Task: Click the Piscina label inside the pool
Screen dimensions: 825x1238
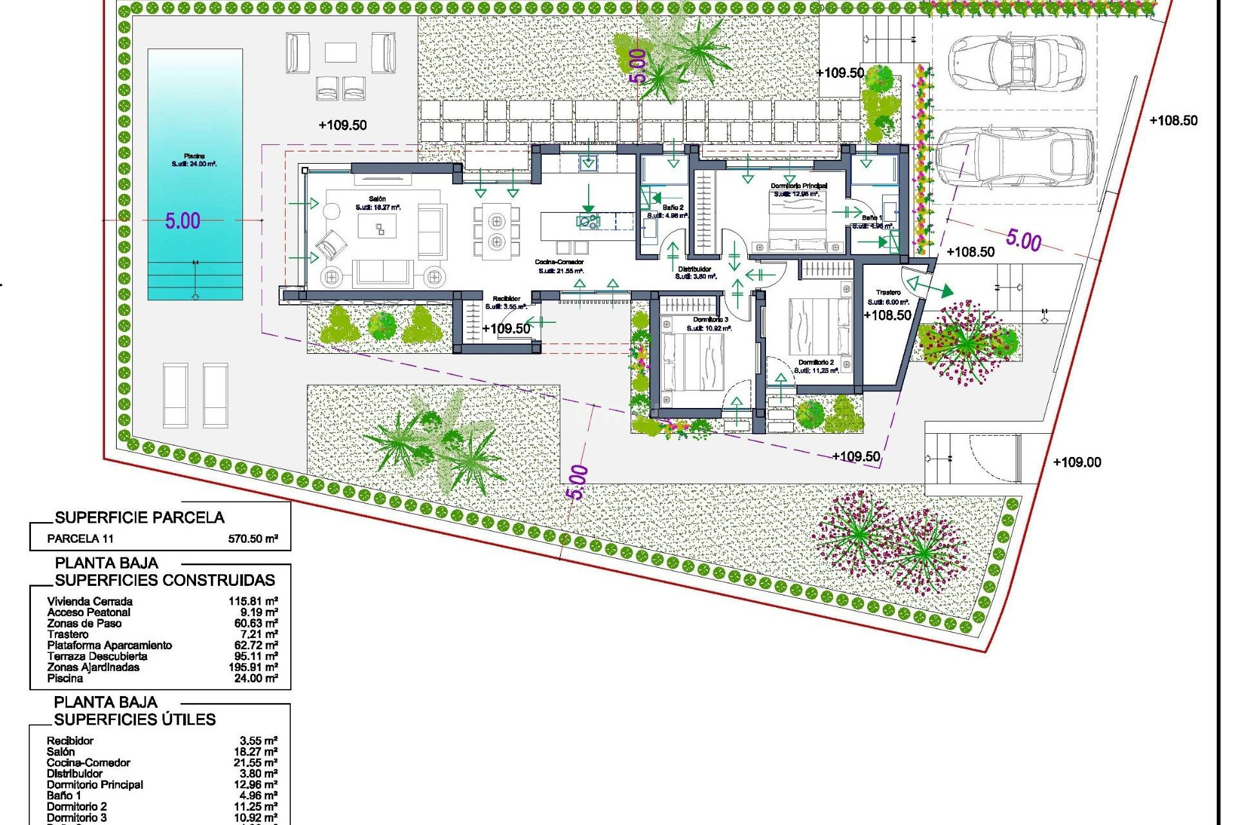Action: [x=194, y=157]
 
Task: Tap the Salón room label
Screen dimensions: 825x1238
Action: [x=377, y=199]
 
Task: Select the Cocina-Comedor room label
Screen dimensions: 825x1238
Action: [x=559, y=262]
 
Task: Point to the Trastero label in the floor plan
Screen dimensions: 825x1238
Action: [x=889, y=293]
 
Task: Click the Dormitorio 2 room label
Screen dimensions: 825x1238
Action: [x=816, y=363]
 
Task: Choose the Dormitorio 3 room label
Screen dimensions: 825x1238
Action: [x=710, y=320]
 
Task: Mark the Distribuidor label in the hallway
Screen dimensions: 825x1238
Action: [x=694, y=269]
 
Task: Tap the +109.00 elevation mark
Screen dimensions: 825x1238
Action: [x=1077, y=462]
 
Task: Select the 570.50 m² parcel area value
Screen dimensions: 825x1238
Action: [x=253, y=539]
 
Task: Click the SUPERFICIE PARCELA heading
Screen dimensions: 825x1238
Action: [x=139, y=518]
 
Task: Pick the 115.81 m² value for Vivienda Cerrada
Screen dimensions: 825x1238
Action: [x=253, y=601]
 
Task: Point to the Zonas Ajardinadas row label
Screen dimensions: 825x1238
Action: [x=93, y=667]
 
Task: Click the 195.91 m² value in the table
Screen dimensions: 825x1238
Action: [x=253, y=667]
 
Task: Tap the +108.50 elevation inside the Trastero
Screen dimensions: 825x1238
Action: [x=887, y=315]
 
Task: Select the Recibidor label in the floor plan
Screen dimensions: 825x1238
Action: [x=506, y=298]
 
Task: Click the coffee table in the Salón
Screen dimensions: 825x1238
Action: [x=377, y=228]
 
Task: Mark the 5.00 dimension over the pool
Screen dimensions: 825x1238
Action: [x=182, y=221]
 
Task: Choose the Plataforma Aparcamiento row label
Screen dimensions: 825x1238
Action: [x=110, y=645]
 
